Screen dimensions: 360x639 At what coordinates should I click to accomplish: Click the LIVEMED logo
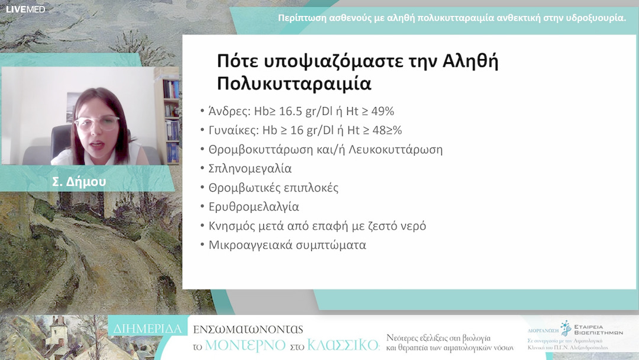(25, 9)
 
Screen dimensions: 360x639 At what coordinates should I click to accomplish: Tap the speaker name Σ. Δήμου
(79, 182)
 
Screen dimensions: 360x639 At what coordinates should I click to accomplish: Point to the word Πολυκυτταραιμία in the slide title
(294, 83)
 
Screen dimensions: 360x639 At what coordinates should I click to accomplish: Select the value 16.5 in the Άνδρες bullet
(296, 111)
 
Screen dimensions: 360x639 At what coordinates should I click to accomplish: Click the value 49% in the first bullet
(381, 111)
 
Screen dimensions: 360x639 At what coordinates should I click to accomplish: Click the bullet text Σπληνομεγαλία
(250, 168)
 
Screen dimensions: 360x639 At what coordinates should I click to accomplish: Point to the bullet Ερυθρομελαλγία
(254, 207)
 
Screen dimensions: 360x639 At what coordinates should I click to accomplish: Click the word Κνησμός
(232, 226)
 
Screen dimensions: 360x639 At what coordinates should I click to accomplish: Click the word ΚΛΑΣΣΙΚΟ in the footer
(343, 345)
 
